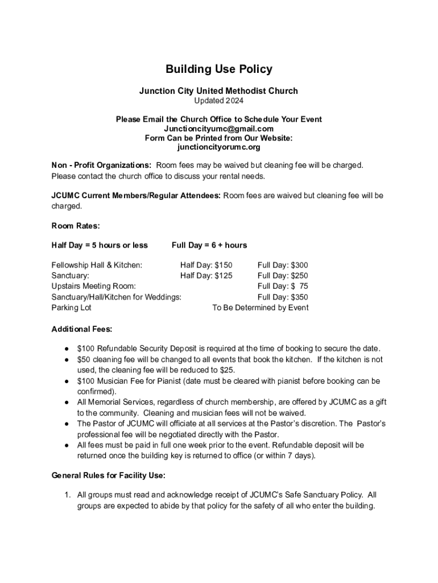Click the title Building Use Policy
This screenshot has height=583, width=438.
219,69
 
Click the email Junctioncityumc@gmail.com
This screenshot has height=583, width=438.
219,129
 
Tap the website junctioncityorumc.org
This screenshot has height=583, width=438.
219,147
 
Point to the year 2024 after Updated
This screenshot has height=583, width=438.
234,101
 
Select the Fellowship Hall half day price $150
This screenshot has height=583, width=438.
222,265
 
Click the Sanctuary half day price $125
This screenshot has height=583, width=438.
222,276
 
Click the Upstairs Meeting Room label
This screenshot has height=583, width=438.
94,286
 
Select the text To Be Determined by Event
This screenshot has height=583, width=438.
261,308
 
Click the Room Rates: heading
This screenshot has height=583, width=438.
76,226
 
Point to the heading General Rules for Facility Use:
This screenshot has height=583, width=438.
109,475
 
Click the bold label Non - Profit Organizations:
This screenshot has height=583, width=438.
101,165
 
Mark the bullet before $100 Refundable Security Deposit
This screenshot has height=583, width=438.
67,349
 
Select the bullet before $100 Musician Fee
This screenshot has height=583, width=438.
67,381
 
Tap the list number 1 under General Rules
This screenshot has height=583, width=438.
67,495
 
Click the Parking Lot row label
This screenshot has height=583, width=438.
72,308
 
